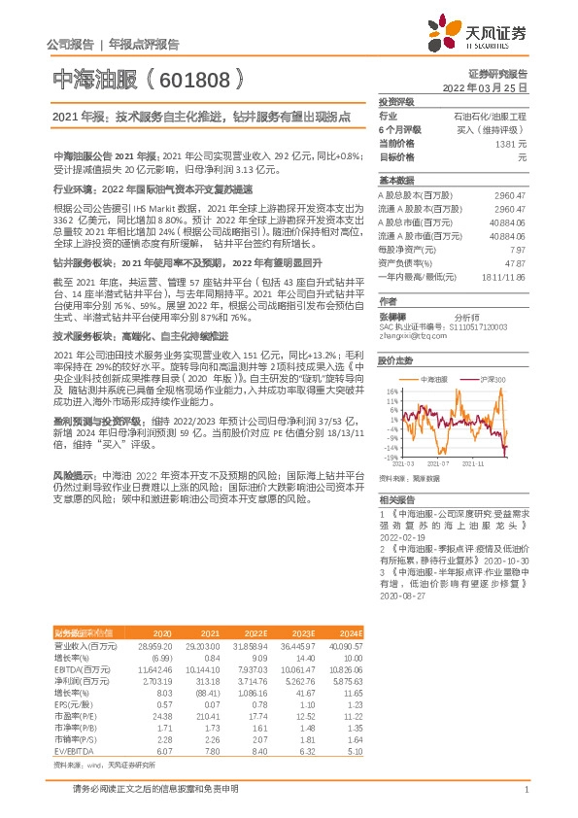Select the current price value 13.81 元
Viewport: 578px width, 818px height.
coord(511,143)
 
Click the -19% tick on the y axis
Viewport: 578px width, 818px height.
coord(391,456)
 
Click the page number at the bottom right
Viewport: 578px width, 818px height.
coord(525,791)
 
